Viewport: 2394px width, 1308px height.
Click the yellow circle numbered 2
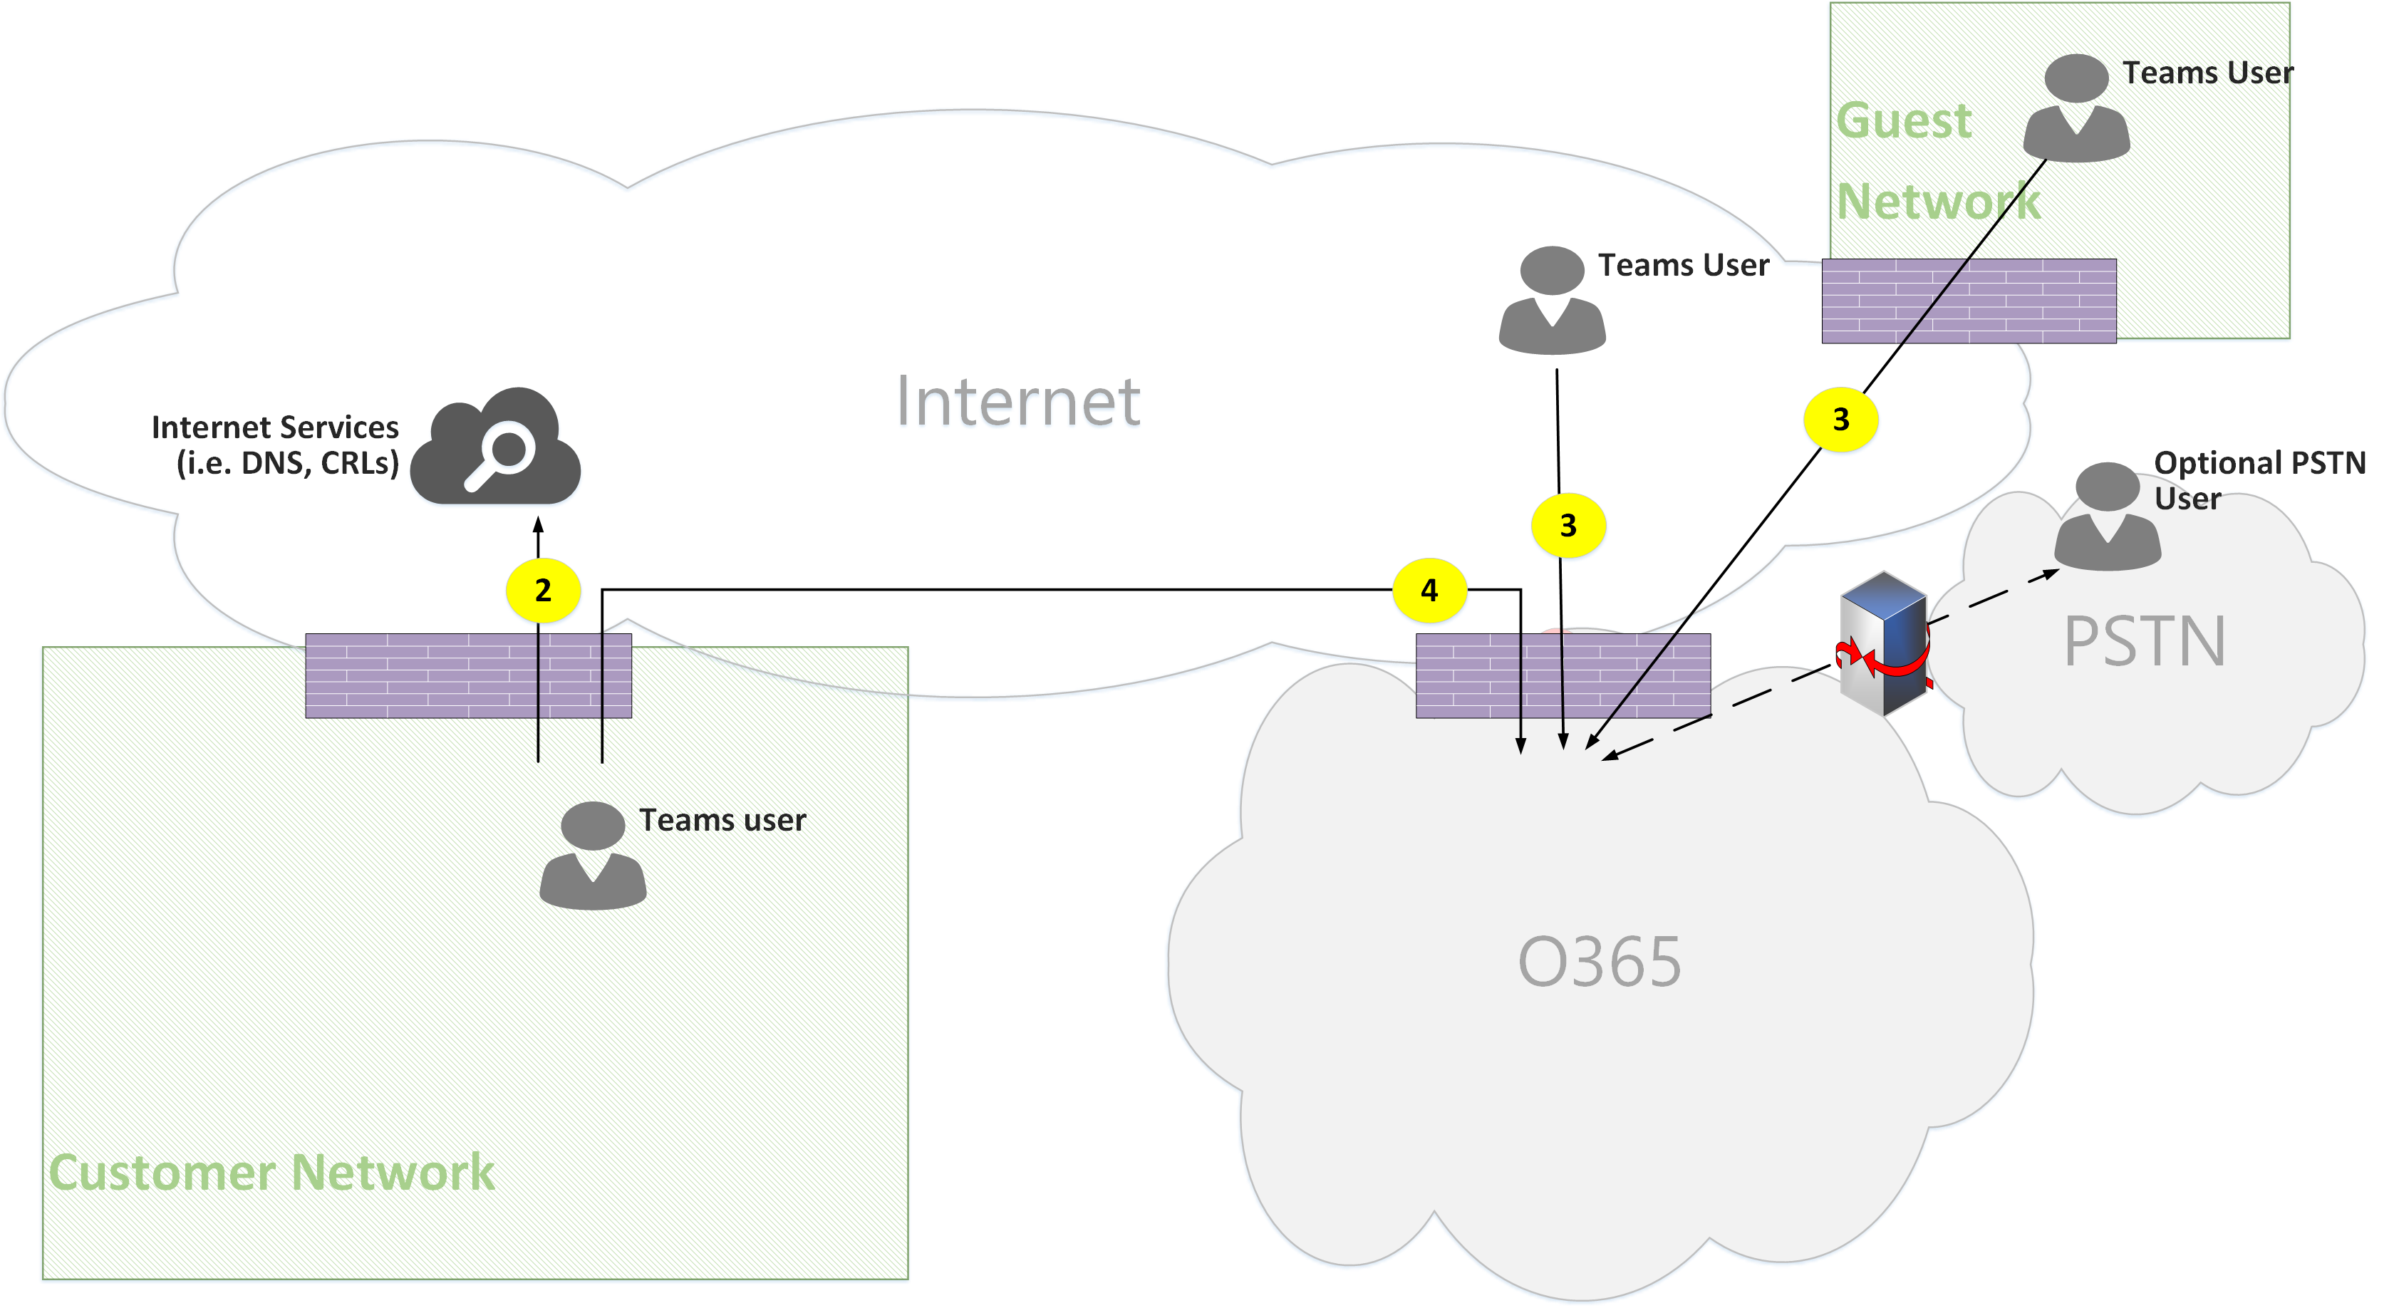543,591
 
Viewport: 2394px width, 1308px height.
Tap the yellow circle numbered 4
1429,591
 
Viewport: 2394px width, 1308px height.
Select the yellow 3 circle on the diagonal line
1840,420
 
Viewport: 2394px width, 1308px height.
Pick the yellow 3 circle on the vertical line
1567,526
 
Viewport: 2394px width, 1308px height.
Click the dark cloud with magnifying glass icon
497,448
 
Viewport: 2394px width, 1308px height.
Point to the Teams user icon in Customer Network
593,856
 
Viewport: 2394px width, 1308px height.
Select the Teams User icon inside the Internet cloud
1551,300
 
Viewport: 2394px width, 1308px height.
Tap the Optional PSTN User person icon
2107,517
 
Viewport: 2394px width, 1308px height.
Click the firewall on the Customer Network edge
468,675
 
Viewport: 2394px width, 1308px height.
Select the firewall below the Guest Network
1969,301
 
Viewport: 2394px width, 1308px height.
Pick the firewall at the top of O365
1563,675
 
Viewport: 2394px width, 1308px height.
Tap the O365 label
1600,962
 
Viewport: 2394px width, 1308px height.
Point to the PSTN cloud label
2144,642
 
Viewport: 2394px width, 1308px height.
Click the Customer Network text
271,1173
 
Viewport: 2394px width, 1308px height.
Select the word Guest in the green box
1903,121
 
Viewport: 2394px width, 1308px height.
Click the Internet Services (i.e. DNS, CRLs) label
276,445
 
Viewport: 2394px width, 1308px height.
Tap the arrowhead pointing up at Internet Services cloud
538,525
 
